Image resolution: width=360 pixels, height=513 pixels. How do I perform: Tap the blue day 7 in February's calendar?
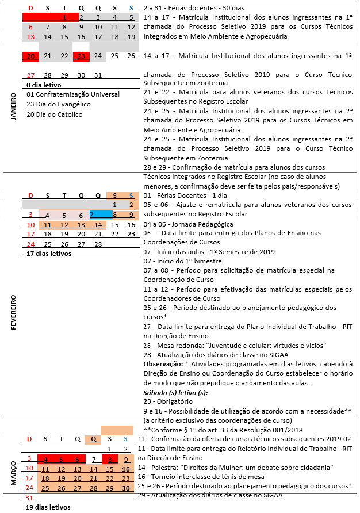91,214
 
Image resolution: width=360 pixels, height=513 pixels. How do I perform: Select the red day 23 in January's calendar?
81,56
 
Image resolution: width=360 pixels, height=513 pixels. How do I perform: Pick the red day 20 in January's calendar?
31,56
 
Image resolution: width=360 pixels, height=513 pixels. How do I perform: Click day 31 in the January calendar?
98,75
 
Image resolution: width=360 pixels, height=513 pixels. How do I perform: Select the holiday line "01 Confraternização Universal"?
73,94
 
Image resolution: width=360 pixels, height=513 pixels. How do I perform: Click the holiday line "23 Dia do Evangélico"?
59,104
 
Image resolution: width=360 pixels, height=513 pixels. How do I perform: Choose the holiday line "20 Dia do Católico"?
55,114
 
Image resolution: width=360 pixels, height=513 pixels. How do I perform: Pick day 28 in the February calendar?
98,244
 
